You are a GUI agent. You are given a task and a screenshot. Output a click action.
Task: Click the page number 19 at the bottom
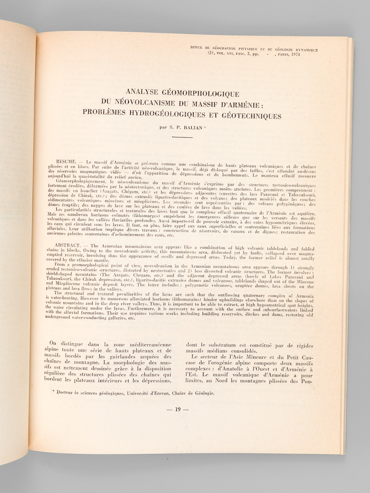[x=177, y=409]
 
